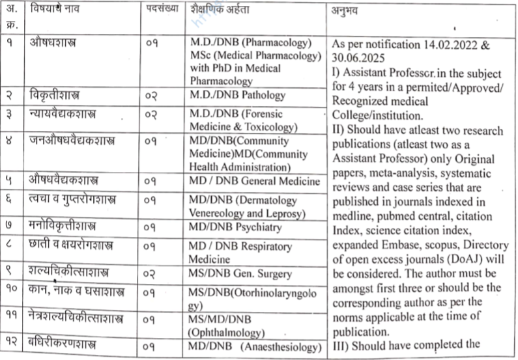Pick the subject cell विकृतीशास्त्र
point(59,95)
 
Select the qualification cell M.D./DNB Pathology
point(238,95)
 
